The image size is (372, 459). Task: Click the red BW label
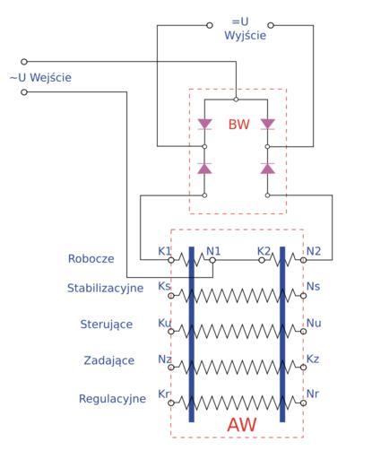pyautogui.click(x=238, y=125)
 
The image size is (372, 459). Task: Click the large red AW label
pyautogui.click(x=241, y=425)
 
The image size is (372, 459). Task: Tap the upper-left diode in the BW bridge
pyautogui.click(x=204, y=124)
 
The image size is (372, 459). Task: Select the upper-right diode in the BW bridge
pyautogui.click(x=267, y=124)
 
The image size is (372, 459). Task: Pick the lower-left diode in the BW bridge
pyautogui.click(x=204, y=169)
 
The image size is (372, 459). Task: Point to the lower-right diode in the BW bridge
pyautogui.click(x=267, y=169)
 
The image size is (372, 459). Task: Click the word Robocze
pyautogui.click(x=91, y=259)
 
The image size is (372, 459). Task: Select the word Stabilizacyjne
pyautogui.click(x=105, y=288)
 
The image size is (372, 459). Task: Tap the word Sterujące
pyautogui.click(x=107, y=325)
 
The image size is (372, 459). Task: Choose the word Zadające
pyautogui.click(x=109, y=360)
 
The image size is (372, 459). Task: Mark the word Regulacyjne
pyautogui.click(x=112, y=399)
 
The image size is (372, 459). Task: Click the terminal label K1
pyautogui.click(x=164, y=251)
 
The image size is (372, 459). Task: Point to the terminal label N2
pyautogui.click(x=314, y=251)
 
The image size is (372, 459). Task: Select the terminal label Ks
pyautogui.click(x=164, y=286)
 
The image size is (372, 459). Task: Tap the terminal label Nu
pyautogui.click(x=314, y=323)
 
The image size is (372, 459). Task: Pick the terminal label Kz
pyautogui.click(x=313, y=359)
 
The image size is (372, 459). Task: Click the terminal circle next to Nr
pyautogui.click(x=303, y=403)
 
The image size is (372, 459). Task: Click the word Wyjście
pyautogui.click(x=245, y=36)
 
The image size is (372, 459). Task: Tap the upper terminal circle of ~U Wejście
pyautogui.click(x=24, y=62)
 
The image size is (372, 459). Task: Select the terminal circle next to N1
pyautogui.click(x=212, y=260)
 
